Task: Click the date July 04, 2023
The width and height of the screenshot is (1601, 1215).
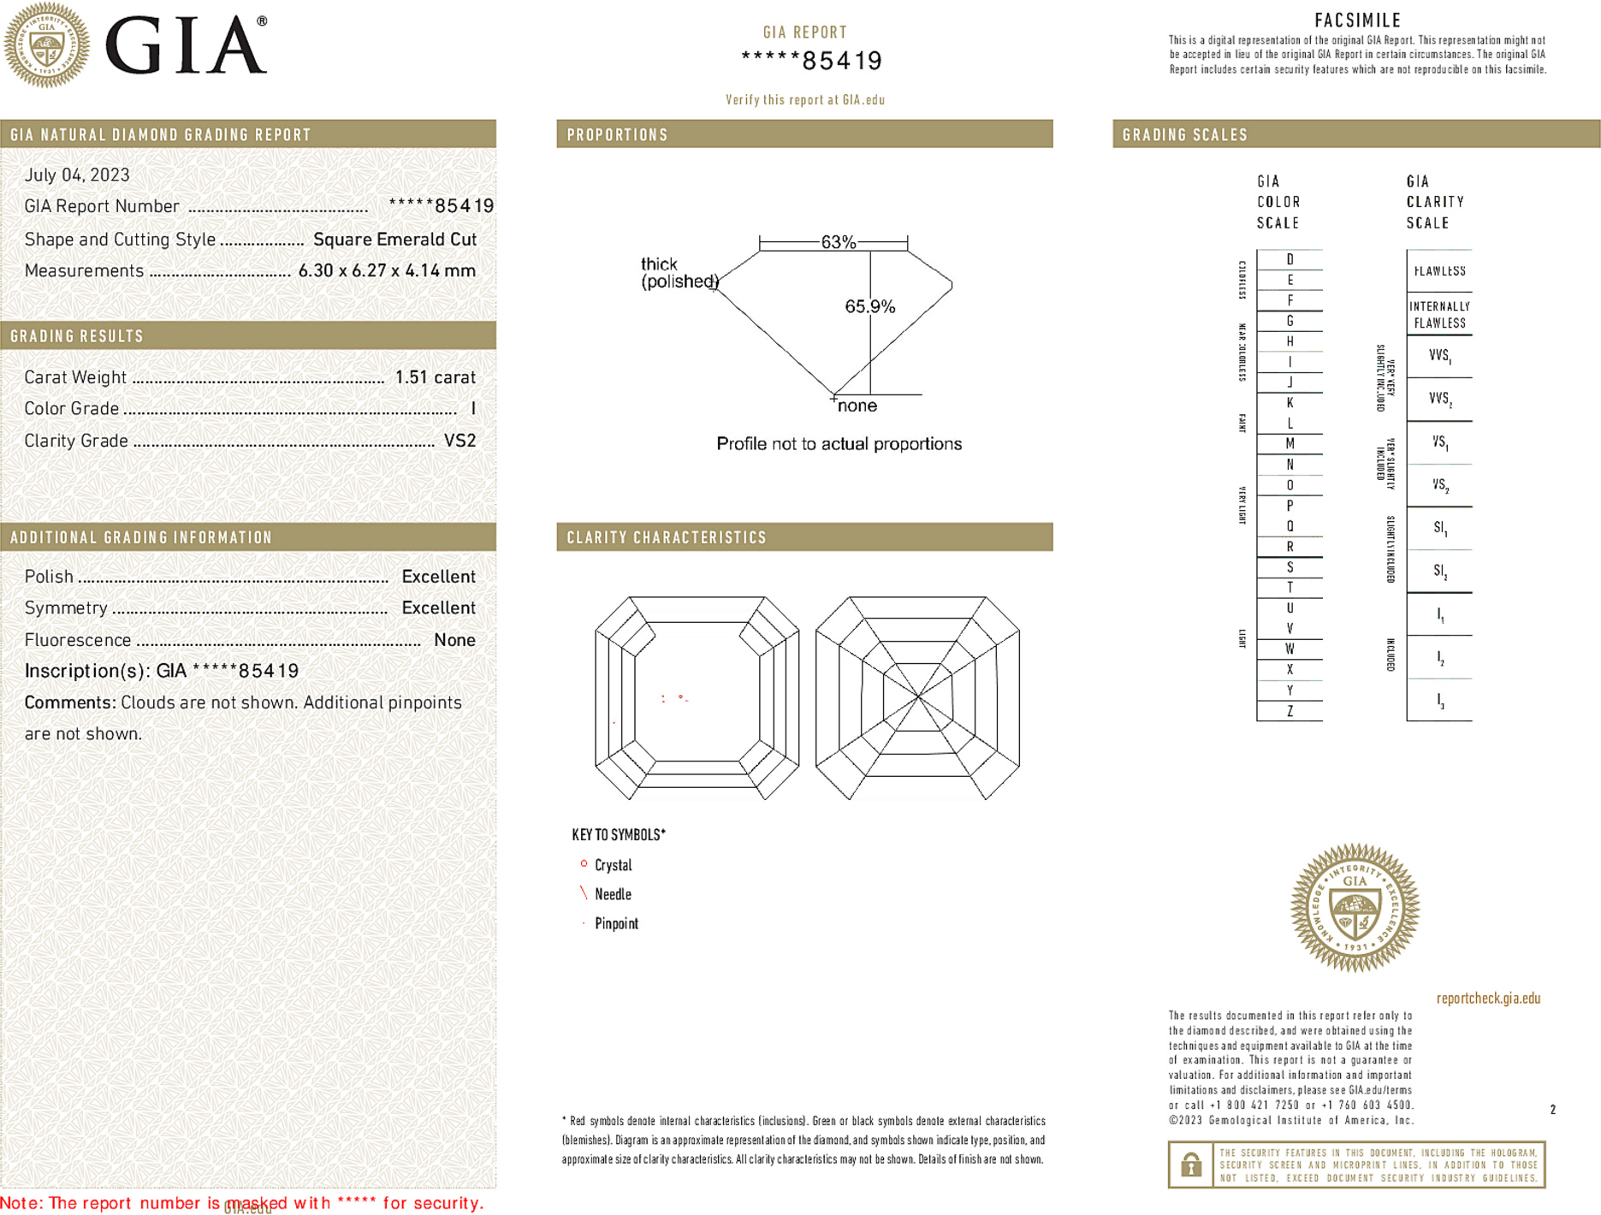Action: [77, 175]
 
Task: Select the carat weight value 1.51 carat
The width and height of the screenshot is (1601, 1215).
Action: [435, 377]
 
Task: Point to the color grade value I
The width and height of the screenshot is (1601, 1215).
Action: [473, 409]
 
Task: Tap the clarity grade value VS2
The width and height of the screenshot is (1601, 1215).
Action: [460, 441]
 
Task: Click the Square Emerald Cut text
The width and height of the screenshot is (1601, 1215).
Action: [394, 240]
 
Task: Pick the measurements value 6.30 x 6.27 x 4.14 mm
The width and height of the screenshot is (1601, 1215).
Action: [387, 271]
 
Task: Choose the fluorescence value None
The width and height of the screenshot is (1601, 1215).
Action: [454, 640]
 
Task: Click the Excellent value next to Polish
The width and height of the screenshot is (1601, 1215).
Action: [438, 577]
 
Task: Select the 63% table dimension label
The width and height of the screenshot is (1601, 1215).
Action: [838, 242]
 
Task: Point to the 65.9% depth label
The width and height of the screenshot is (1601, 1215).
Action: [869, 306]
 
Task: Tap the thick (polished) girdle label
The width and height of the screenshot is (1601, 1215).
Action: [679, 273]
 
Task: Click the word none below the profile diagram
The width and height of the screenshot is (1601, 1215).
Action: [857, 406]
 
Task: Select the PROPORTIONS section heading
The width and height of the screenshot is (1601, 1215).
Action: [617, 135]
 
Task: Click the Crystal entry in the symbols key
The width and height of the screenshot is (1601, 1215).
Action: [613, 865]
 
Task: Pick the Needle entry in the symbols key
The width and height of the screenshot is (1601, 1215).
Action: [613, 894]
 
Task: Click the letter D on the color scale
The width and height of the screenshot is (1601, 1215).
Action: [1290, 259]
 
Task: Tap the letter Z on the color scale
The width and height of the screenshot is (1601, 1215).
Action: [1290, 711]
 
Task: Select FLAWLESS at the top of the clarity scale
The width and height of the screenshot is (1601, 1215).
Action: [1439, 271]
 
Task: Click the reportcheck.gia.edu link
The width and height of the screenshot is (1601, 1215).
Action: [1488, 999]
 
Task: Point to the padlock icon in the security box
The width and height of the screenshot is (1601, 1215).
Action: [1190, 1165]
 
